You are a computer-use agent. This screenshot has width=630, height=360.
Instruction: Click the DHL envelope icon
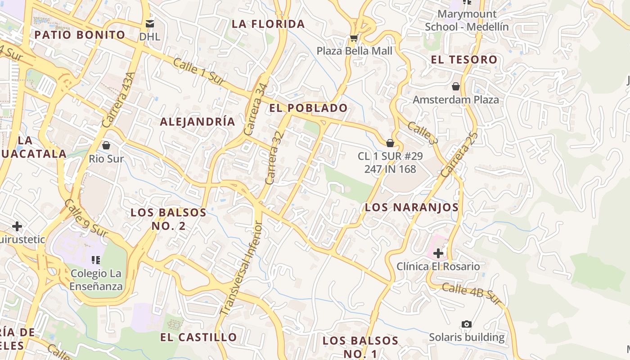tap(149, 23)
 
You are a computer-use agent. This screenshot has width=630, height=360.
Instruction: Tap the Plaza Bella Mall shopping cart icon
tap(354, 38)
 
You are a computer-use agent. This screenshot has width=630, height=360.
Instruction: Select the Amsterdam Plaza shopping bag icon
tap(456, 86)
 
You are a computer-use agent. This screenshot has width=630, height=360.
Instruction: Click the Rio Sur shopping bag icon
tap(106, 145)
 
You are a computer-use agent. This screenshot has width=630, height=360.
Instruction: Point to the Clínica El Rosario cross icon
tap(438, 253)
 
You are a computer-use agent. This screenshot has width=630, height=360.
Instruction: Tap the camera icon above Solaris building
tap(467, 324)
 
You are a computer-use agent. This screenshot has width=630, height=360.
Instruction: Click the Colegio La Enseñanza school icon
tap(95, 260)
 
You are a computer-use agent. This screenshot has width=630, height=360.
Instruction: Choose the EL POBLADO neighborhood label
tap(309, 108)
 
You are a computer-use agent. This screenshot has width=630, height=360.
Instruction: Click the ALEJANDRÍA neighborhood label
tap(198, 121)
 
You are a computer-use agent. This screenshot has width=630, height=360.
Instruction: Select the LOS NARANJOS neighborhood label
tap(412, 207)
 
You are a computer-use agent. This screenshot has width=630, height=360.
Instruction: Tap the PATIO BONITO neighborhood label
tap(80, 35)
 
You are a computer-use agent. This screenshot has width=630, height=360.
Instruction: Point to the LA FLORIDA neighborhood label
tap(268, 24)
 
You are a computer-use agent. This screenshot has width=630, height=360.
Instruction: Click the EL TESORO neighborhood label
tap(464, 59)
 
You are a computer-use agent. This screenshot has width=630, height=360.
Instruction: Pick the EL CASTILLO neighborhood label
tap(198, 337)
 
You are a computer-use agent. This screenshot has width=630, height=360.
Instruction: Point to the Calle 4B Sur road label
tap(472, 294)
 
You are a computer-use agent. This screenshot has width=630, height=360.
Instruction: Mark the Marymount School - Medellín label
tap(467, 20)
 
